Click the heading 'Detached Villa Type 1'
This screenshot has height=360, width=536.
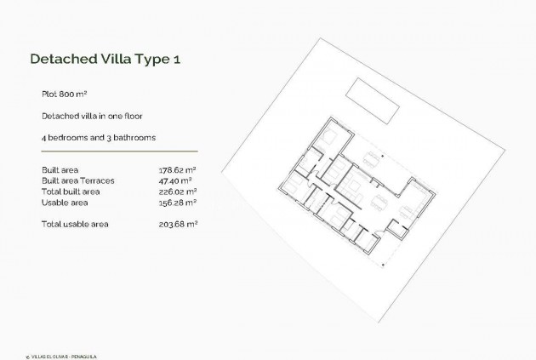[x=105, y=60]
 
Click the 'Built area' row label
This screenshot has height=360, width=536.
[x=60, y=170]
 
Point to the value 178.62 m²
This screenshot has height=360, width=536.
[x=177, y=170]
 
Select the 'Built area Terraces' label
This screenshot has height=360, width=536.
[x=77, y=180]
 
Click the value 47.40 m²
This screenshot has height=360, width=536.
[x=175, y=180]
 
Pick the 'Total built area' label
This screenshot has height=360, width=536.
[x=71, y=191]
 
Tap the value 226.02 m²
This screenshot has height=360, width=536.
[x=177, y=191]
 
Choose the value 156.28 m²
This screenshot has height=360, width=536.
[x=177, y=203]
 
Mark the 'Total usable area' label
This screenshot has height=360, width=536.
[x=75, y=224]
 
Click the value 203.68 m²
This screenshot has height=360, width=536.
[x=177, y=224]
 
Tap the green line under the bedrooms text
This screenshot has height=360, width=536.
[x=118, y=151]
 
